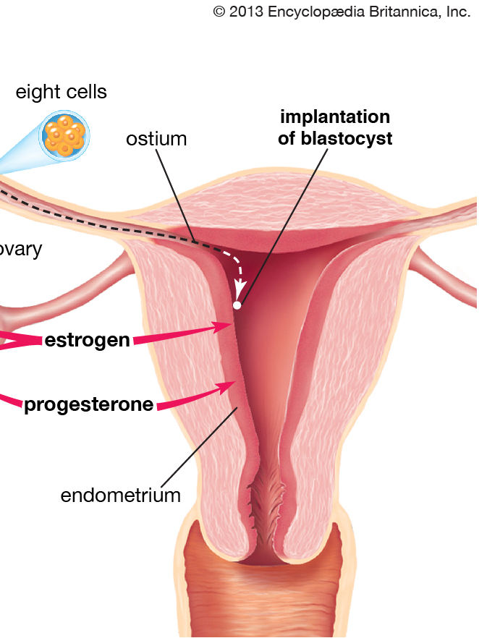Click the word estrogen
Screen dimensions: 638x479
pyautogui.click(x=88, y=340)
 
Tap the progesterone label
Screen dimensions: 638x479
pyautogui.click(x=88, y=404)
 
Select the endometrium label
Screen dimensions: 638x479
pyautogui.click(x=120, y=495)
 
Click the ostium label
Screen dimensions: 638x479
pyautogui.click(x=156, y=138)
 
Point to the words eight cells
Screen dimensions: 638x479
pyautogui.click(x=62, y=92)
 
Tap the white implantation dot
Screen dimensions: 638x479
pyautogui.click(x=237, y=306)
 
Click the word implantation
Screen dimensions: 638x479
pyautogui.click(x=335, y=117)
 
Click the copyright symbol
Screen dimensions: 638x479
pyautogui.click(x=219, y=12)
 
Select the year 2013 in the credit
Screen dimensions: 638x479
pyautogui.click(x=246, y=12)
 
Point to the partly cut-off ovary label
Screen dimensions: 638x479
pyautogui.click(x=22, y=250)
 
